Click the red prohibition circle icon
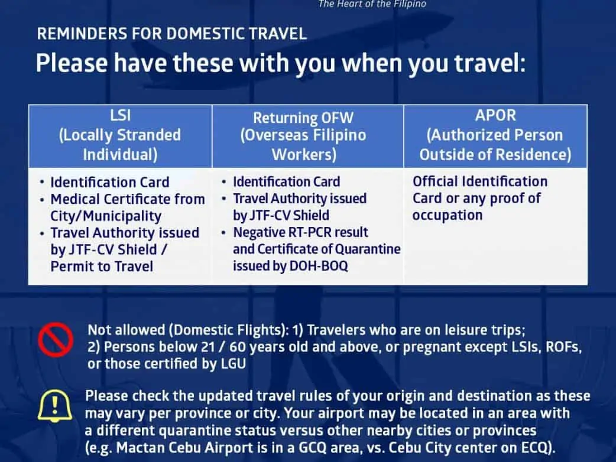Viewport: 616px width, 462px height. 56,340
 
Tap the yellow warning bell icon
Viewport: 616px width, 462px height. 55,406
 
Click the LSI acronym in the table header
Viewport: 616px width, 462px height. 120,115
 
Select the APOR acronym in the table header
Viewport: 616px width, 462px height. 495,115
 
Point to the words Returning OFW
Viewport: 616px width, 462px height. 303,118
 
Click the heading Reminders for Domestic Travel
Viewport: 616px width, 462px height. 172,34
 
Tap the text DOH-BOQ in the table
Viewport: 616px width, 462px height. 319,266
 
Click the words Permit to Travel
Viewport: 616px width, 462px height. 102,266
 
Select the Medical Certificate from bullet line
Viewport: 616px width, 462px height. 128,200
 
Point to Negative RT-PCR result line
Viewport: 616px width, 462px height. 300,232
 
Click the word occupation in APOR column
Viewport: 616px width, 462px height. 448,216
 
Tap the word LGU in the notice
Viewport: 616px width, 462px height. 234,363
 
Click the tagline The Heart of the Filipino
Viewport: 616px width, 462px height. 372,4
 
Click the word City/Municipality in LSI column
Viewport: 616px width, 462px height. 106,216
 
